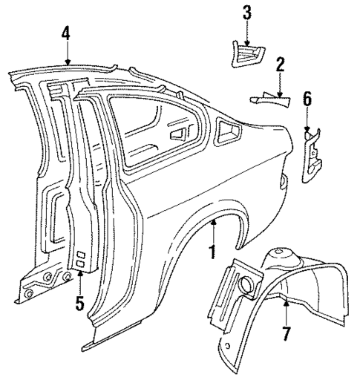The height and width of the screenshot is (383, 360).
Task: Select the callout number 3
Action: click(x=246, y=13)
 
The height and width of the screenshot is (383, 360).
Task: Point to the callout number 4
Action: click(x=67, y=33)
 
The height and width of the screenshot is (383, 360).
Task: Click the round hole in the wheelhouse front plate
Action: click(x=244, y=282)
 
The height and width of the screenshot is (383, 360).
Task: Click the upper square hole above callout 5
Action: click(x=81, y=256)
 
